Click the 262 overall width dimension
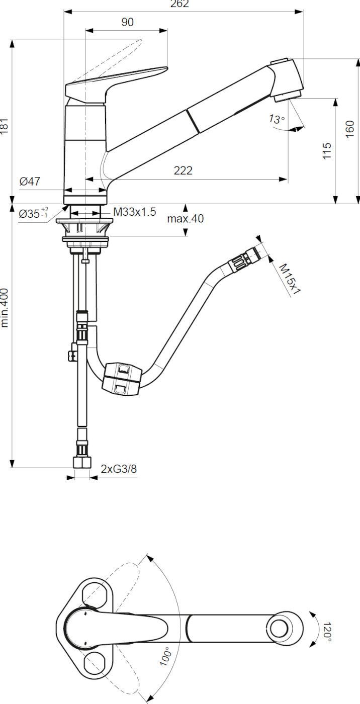click(x=179, y=4)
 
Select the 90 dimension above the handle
click(x=127, y=22)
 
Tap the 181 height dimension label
click(x=4, y=126)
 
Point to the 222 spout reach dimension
click(x=183, y=170)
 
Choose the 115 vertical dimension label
click(x=327, y=151)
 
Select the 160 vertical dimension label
click(x=349, y=129)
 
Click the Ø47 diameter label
click(x=30, y=182)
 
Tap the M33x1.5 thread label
click(x=134, y=212)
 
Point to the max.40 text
click(x=186, y=218)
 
